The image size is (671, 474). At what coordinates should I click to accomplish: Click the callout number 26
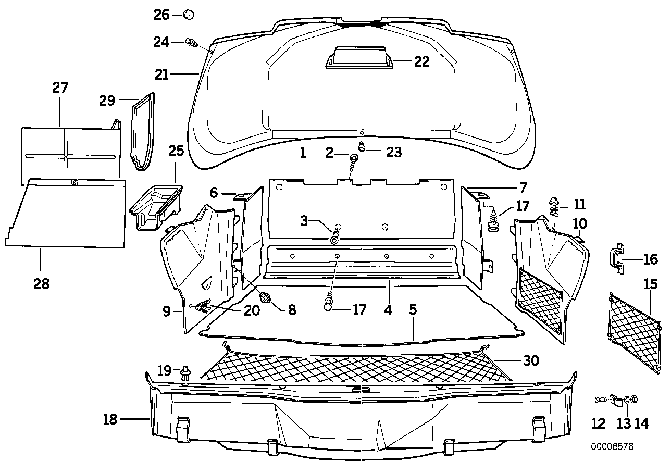161,15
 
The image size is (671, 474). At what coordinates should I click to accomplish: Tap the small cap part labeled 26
188,15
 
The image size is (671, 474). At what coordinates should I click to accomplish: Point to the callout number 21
161,75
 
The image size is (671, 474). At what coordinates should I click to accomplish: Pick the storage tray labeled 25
155,206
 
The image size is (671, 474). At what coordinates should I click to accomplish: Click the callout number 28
42,284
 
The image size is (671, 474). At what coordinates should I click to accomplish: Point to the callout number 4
388,310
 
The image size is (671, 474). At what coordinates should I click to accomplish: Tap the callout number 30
531,360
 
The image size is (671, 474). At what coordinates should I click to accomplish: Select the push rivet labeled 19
185,373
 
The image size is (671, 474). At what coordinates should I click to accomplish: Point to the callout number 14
642,423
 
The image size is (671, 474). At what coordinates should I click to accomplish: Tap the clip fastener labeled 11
554,206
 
